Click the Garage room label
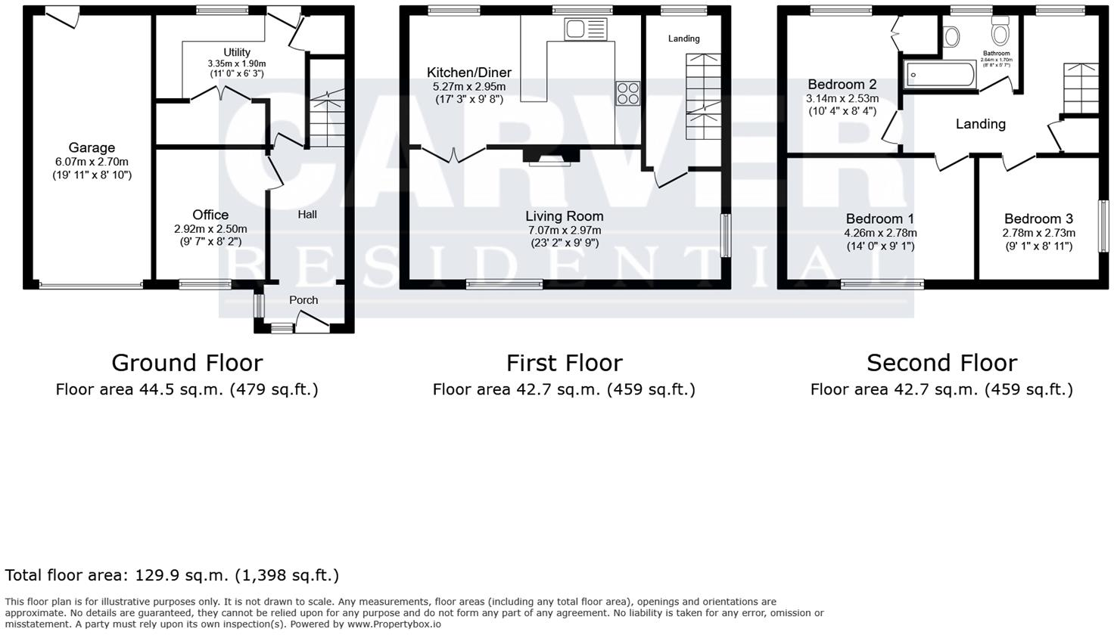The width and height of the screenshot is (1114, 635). tap(92, 148)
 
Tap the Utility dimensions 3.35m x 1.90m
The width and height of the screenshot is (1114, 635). tap(237, 63)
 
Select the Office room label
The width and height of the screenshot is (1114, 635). tap(210, 215)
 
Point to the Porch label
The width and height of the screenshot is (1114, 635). tap(303, 300)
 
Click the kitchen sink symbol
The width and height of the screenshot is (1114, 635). tap(585, 29)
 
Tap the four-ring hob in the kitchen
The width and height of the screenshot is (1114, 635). tap(627, 93)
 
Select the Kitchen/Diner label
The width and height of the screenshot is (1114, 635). tap(469, 73)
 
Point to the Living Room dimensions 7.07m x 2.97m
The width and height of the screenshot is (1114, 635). tap(565, 230)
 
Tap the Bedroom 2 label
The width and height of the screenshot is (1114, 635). tap(842, 85)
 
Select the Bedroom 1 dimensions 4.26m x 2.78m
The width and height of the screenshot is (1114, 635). tap(880, 234)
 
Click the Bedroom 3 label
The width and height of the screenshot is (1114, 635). tap(1038, 219)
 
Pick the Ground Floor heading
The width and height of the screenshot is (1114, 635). tap(187, 363)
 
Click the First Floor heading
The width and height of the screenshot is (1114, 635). tap(564, 363)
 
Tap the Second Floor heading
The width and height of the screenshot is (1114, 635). tap(941, 363)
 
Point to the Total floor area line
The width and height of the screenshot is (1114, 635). tap(172, 575)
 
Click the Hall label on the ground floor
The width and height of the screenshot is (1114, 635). tap(307, 215)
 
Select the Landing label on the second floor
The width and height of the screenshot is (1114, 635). tap(980, 124)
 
